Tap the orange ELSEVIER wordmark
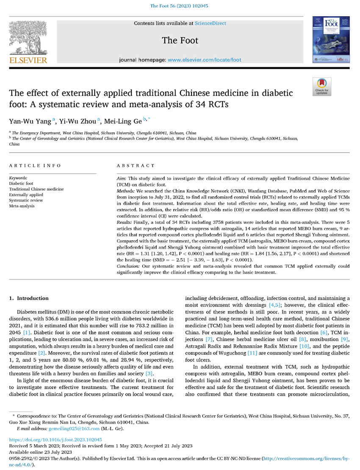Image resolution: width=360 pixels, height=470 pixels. (28, 61)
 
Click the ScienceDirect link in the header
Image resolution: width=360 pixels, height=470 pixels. (210, 23)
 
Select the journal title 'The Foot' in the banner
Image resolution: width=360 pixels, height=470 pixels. (180, 41)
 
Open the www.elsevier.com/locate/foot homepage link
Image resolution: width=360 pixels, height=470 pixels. (205, 60)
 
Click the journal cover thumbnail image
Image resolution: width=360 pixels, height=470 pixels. (327, 41)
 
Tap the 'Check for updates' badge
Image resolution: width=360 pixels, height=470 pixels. (321, 87)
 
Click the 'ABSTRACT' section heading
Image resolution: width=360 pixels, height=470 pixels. (131, 165)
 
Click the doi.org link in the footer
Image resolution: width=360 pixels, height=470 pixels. (55, 440)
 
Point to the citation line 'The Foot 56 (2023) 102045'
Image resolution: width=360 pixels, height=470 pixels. (180, 6)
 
